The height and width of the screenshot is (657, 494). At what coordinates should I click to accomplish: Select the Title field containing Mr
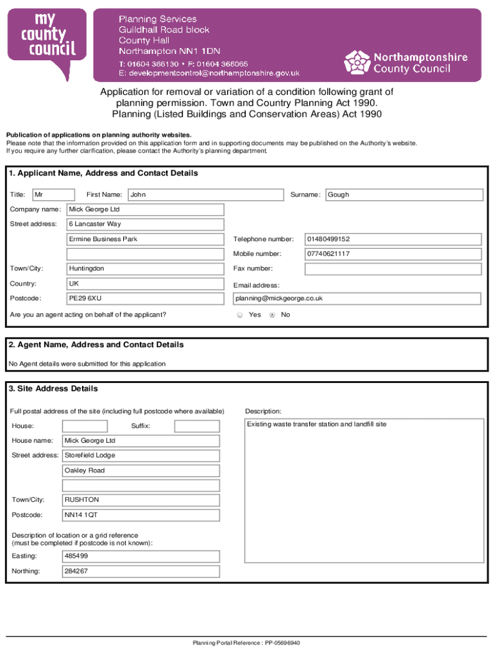[x=54, y=194]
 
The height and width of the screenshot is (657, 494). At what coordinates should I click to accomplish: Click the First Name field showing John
[x=205, y=194]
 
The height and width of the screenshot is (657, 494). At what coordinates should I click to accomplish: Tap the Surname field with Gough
[x=404, y=194]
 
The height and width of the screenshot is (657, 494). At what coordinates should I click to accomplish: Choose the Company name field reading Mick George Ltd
[x=146, y=210]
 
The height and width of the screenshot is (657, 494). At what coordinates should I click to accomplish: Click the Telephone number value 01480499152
[x=393, y=239]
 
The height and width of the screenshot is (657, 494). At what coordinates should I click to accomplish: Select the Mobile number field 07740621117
[x=393, y=254]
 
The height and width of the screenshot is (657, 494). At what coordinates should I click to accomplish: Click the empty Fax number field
[x=393, y=269]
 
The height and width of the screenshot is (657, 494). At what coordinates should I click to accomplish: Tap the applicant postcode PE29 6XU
[x=146, y=298]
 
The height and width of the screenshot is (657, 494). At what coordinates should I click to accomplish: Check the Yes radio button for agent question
[x=240, y=315]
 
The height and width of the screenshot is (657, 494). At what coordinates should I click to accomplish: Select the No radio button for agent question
[x=273, y=315]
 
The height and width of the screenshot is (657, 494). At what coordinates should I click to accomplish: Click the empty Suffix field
[x=196, y=426]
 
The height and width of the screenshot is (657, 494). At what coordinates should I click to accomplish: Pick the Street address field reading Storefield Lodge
[x=141, y=456]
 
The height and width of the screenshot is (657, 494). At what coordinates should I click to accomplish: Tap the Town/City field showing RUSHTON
[x=141, y=500]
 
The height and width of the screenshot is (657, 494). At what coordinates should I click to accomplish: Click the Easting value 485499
[x=141, y=556]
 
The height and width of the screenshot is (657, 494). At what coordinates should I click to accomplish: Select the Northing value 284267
[x=141, y=571]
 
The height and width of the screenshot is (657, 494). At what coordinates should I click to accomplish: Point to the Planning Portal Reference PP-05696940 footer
[x=246, y=643]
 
